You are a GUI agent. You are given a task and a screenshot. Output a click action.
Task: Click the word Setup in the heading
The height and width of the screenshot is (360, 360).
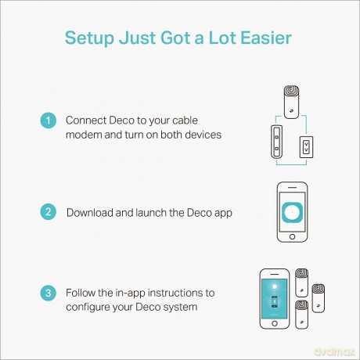[x=89, y=38]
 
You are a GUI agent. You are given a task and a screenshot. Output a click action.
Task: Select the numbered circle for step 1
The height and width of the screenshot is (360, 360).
[x=49, y=121]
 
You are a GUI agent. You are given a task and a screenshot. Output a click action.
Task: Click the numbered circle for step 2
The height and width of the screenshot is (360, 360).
[x=49, y=211]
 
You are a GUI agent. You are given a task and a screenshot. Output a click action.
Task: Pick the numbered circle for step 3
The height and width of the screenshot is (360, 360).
[x=49, y=293]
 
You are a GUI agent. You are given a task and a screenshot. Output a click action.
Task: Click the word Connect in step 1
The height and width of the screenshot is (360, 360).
[x=86, y=121]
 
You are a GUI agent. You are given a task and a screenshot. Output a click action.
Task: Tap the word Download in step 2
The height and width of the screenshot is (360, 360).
[x=90, y=213]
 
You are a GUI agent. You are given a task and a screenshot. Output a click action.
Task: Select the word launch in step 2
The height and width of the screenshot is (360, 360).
[x=151, y=213]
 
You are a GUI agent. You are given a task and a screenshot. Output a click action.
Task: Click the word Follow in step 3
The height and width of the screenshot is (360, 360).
[x=81, y=293]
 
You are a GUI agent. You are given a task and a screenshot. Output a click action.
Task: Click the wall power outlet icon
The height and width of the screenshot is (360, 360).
[x=306, y=147]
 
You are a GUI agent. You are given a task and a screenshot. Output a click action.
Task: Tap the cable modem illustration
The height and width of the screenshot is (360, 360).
[x=276, y=142]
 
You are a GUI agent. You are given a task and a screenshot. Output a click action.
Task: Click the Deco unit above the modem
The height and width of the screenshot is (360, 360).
[x=291, y=102]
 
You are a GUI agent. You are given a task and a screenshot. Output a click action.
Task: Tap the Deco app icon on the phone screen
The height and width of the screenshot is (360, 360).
[x=292, y=212]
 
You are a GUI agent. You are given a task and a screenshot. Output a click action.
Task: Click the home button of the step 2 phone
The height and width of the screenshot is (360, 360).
[x=292, y=236]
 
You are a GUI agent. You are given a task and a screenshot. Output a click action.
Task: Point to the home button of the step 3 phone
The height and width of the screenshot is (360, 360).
[x=275, y=323]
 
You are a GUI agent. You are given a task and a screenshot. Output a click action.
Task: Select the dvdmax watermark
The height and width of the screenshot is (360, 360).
[x=335, y=351]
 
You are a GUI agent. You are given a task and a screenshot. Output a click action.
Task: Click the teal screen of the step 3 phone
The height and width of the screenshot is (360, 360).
[x=275, y=299]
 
